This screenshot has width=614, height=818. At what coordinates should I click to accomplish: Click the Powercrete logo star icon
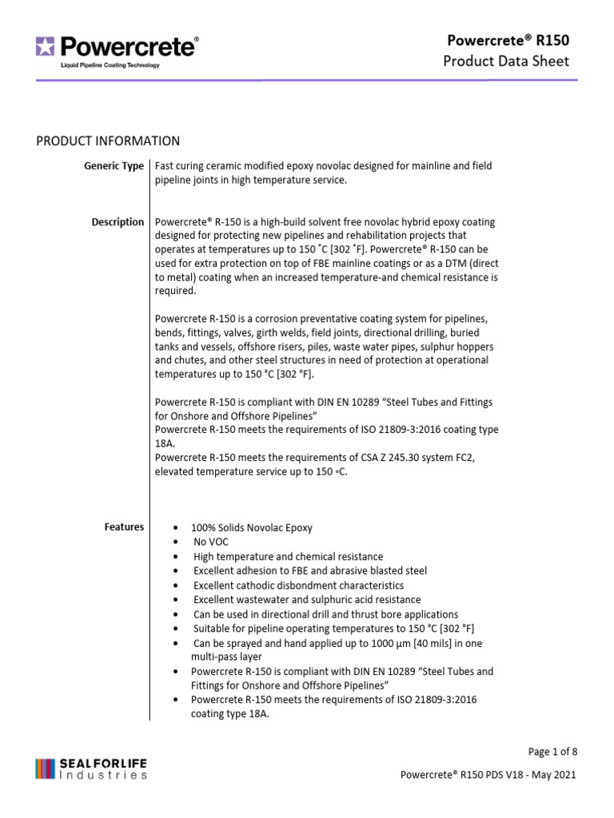45,47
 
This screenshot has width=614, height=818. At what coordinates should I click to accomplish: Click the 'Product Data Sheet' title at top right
506,62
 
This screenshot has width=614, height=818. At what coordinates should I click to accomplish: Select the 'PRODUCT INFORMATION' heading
108,141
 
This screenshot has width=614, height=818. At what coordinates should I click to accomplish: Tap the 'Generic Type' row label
114,166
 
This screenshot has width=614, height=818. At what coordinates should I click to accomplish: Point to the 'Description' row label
118,222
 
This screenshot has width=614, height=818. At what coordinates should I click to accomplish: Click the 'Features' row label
124,527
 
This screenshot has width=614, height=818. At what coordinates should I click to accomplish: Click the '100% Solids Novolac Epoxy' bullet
252,528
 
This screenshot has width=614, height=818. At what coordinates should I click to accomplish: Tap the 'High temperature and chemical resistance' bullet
288,557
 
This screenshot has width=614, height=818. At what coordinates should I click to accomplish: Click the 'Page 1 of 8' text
552,752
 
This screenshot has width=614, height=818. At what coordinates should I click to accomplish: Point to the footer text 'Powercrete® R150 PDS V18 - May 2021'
487,775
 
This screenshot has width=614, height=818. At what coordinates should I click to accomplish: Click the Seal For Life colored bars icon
45,768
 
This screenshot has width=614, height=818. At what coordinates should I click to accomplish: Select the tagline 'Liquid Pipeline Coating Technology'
110,66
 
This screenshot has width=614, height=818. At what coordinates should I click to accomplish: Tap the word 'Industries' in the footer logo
104,775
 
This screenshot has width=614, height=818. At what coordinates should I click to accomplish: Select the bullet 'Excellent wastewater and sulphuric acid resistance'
307,600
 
